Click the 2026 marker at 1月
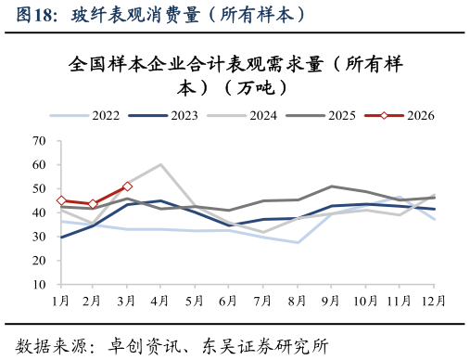pyautogui.click(x=61, y=200)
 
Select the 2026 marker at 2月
pyautogui.click(x=94, y=204)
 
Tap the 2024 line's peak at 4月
pyautogui.click(x=161, y=165)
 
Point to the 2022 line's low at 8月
pyautogui.click(x=298, y=242)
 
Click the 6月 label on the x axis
pyautogui.click(x=228, y=301)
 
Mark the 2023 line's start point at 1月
pyautogui.click(x=61, y=238)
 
